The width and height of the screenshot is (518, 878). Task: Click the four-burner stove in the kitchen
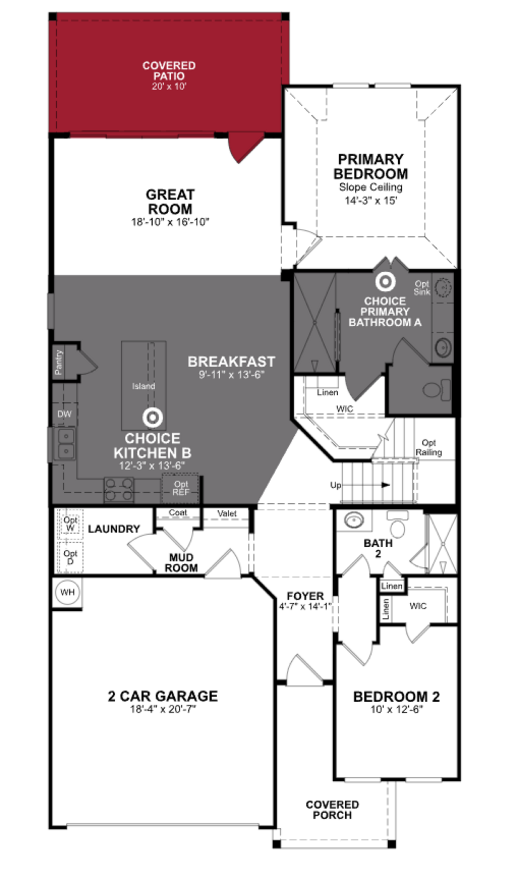119,489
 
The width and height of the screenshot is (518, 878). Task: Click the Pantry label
59,362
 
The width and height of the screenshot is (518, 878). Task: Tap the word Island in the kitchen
144,386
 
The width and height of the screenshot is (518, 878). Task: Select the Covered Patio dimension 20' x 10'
169,86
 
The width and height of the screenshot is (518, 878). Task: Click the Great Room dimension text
170,222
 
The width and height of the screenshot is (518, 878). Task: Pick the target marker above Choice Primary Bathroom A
385,281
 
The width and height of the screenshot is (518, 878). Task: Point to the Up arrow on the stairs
385,485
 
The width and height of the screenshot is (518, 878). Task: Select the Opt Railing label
429,448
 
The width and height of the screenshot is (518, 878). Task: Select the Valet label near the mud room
227,514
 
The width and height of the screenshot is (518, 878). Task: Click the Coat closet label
178,513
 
